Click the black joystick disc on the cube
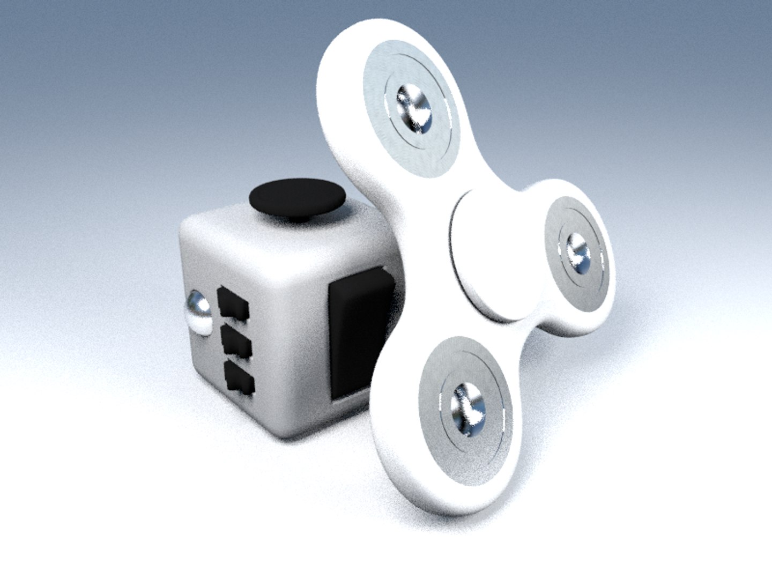[298, 199]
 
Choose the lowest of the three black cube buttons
[239, 377]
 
